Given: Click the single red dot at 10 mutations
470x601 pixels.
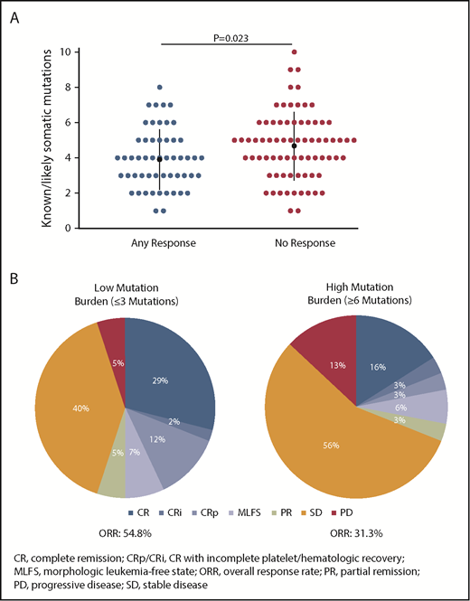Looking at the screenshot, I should click(x=295, y=52).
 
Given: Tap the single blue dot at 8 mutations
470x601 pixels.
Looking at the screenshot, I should click(x=159, y=88).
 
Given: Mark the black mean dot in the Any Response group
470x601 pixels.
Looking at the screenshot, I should click(x=159, y=159).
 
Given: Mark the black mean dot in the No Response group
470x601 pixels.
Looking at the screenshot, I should click(x=295, y=146).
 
